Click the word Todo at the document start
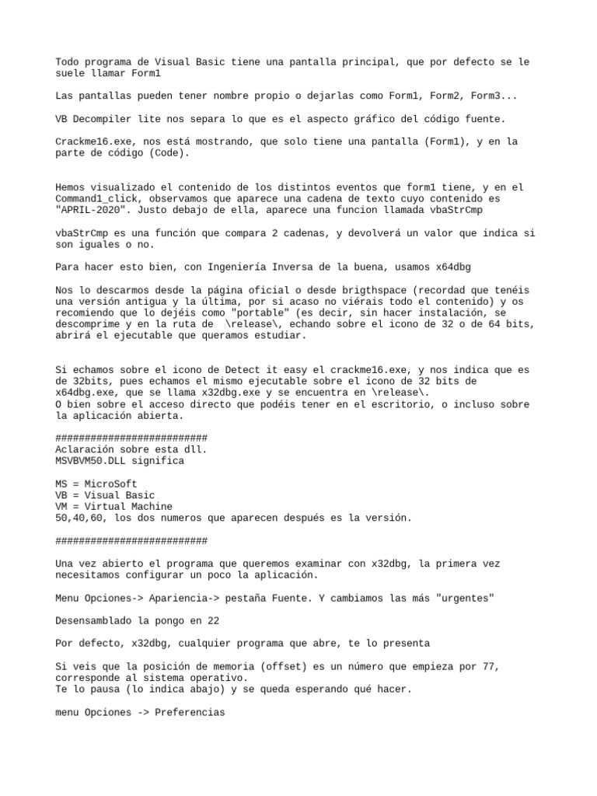tap(67, 61)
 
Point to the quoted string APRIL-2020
tap(96, 210)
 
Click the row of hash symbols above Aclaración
tap(131, 438)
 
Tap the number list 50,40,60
tap(81, 518)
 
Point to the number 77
tap(487, 666)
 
